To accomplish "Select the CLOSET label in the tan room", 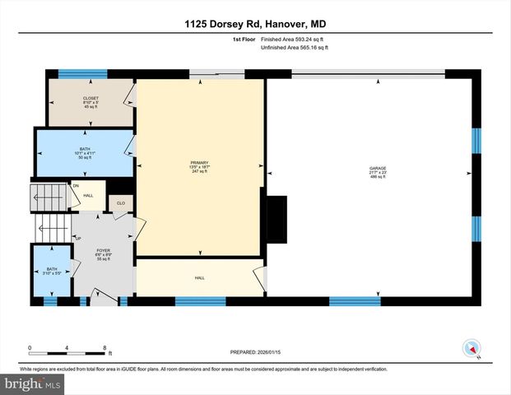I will (x=91, y=98).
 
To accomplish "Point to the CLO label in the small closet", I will (x=120, y=202).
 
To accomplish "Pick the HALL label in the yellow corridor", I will (x=199, y=278).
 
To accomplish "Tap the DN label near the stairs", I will (x=76, y=186).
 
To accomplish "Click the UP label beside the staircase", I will (x=79, y=238).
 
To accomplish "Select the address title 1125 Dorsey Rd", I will (x=255, y=24).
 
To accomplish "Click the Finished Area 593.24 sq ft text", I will (x=294, y=39).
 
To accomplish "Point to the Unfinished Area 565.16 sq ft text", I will (x=294, y=49).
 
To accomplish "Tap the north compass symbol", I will (x=472, y=349).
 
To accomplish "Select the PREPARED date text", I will (x=255, y=351).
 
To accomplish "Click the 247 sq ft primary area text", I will (x=196, y=171).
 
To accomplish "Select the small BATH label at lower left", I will (x=52, y=269).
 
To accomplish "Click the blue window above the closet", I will (x=82, y=73).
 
